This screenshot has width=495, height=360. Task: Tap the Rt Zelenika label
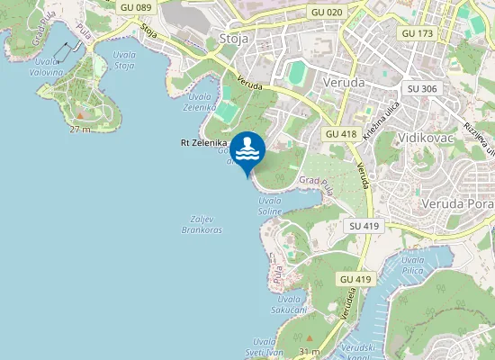coord(203,142)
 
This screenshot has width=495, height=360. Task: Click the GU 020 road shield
coord(327,12)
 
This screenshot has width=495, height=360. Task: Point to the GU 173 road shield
coord(418,32)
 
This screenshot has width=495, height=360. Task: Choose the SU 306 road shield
coord(422,88)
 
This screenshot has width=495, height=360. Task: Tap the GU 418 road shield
coord(341,133)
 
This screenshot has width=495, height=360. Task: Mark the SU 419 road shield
coord(364,225)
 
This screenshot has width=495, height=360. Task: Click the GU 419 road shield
coord(356,279)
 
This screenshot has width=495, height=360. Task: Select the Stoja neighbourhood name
coord(236,38)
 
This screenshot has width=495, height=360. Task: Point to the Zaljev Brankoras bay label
coord(206,224)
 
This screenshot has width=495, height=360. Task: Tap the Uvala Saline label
coord(270,205)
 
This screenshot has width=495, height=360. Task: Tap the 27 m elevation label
coord(80,130)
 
